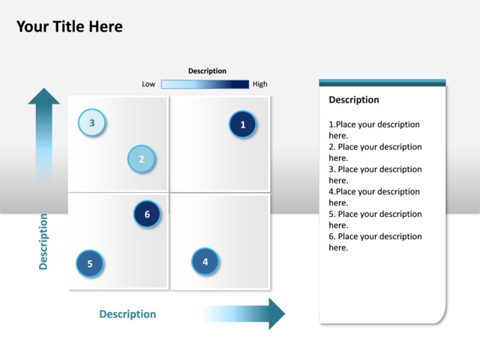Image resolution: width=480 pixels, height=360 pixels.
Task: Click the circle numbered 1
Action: click(x=242, y=124)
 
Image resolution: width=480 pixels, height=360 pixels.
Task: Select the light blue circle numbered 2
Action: click(x=141, y=159)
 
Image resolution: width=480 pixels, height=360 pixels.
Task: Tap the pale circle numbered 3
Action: click(x=91, y=122)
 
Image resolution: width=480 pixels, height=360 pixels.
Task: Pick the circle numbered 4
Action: click(x=205, y=262)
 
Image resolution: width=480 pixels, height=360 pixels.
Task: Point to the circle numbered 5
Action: click(x=90, y=263)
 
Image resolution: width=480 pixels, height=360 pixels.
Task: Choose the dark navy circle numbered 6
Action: click(x=147, y=214)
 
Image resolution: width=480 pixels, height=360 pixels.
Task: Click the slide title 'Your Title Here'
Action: click(x=70, y=27)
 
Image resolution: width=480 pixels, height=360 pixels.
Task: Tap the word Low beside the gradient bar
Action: click(x=148, y=84)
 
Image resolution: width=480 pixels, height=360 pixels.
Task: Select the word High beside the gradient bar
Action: click(x=260, y=84)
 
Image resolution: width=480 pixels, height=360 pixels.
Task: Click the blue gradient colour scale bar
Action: click(x=205, y=84)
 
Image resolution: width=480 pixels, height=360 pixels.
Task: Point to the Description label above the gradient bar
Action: click(x=207, y=71)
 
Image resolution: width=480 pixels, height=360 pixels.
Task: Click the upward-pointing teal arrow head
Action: click(x=43, y=96)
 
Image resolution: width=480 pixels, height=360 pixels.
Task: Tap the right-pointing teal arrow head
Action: click(x=277, y=313)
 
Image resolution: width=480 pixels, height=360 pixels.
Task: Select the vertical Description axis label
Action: click(x=43, y=241)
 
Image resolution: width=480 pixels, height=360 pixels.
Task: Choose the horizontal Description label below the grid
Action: click(x=127, y=314)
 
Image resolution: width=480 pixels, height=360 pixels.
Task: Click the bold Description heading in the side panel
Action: click(x=354, y=100)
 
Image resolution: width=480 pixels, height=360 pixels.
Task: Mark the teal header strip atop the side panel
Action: click(x=382, y=82)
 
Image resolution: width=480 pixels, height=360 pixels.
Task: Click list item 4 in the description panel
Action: click(x=374, y=197)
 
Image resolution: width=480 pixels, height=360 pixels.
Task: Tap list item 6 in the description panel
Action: click(x=375, y=241)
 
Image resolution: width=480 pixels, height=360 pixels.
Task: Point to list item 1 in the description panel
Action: click(x=374, y=130)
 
